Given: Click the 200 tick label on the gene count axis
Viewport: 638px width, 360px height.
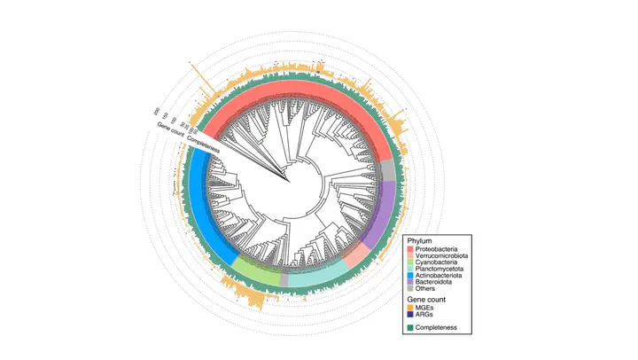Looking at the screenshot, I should [x=157, y=111].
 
